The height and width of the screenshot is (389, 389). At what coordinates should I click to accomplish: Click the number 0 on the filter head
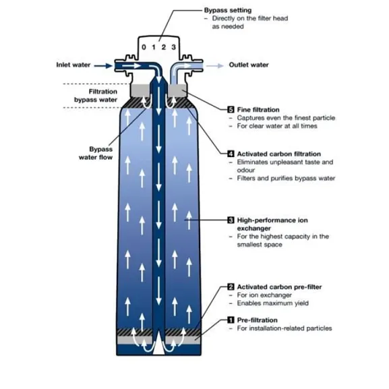click(x=144, y=47)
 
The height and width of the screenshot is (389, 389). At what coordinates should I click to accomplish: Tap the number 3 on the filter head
click(x=174, y=47)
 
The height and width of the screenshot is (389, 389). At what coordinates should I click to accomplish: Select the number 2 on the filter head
click(x=164, y=47)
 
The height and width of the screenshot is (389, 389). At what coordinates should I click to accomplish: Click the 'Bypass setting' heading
click(x=228, y=10)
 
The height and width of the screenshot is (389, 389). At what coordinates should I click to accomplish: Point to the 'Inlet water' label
click(x=73, y=65)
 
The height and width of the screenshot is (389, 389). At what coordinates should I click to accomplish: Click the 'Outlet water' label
click(x=249, y=65)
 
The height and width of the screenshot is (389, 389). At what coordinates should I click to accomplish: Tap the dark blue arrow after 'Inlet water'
click(x=103, y=66)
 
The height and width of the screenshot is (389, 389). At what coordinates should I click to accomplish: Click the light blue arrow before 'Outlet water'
click(x=215, y=66)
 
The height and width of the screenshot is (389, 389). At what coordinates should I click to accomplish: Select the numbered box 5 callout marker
click(x=231, y=110)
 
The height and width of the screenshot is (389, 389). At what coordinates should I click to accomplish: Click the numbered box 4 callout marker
click(x=231, y=154)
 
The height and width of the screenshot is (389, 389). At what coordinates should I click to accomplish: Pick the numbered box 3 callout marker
click(x=231, y=220)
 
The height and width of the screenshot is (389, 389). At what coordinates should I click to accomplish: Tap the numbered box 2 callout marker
click(x=231, y=287)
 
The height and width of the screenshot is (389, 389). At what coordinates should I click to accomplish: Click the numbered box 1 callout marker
click(x=231, y=320)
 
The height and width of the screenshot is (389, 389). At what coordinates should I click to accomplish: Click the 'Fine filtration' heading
click(x=258, y=110)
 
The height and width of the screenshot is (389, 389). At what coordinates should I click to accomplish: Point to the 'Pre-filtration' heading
click(x=258, y=320)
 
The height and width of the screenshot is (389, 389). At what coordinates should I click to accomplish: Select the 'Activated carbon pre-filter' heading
click(x=279, y=287)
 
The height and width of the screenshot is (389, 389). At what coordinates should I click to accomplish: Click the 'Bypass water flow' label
click(x=96, y=153)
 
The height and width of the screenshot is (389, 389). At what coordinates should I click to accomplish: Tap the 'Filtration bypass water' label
click(x=96, y=96)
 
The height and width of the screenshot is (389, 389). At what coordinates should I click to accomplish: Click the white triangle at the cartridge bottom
click(x=159, y=346)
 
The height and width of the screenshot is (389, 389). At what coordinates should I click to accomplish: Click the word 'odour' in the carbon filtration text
click(x=246, y=170)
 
